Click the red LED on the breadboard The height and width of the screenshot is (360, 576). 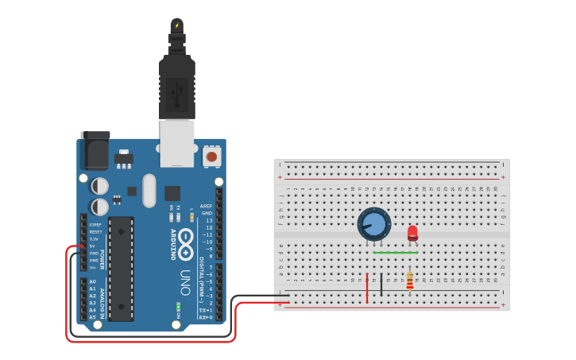(x=412, y=233)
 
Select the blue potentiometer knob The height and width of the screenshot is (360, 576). (x=373, y=224)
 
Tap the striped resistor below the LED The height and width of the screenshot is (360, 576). (x=409, y=281)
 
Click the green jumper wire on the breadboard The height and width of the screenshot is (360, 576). (x=395, y=253)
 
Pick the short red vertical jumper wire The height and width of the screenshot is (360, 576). (x=367, y=288)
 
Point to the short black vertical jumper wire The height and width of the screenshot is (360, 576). (x=381, y=285)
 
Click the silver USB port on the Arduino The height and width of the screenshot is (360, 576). (x=176, y=143)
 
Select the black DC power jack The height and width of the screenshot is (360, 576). (x=95, y=151)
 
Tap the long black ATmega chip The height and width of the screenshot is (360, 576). (x=121, y=268)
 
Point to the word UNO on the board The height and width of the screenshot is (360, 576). (x=185, y=281)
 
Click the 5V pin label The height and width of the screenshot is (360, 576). (x=94, y=246)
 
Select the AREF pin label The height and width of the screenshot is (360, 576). (x=207, y=205)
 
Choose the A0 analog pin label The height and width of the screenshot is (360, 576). (x=92, y=281)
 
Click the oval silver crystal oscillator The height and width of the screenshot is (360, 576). (x=149, y=191)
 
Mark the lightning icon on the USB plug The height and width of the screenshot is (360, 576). (x=176, y=26)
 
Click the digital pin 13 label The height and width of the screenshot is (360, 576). (x=208, y=220)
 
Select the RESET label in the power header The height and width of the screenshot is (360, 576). (x=95, y=231)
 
